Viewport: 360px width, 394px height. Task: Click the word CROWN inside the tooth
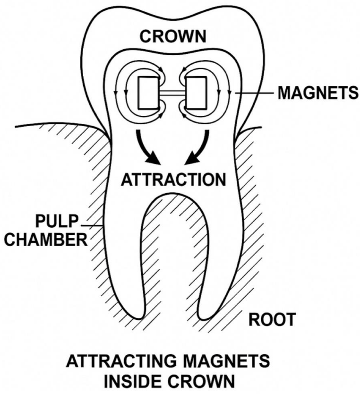tap(173, 36)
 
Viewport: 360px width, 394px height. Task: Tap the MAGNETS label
tap(318, 93)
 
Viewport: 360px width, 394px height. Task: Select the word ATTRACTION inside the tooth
tap(173, 180)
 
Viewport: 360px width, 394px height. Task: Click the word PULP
tap(57, 221)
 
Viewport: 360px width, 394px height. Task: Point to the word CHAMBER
tap(46, 240)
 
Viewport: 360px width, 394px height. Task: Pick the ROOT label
tap(272, 320)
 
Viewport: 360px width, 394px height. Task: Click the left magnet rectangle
tap(148, 93)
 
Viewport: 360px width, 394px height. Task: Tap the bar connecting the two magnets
tap(172, 93)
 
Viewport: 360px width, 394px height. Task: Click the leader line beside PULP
tap(92, 226)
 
